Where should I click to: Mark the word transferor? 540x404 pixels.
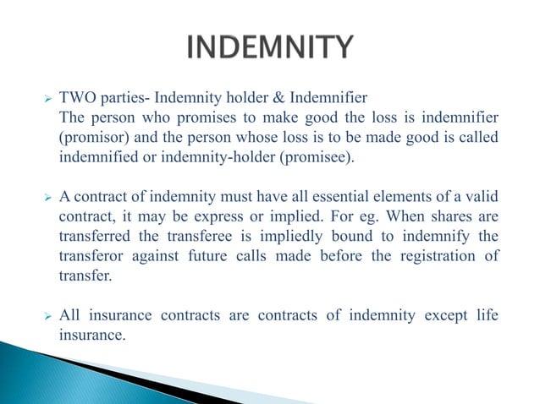coord(91,254)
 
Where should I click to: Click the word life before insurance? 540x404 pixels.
coord(488,315)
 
